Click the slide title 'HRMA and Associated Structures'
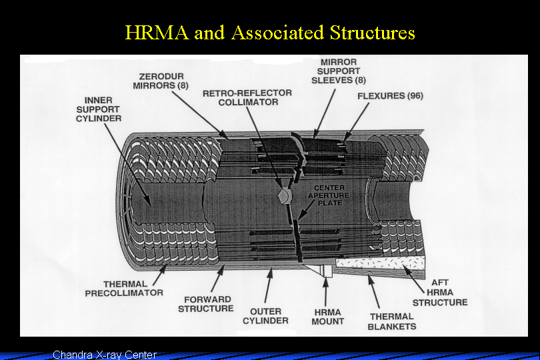(270, 32)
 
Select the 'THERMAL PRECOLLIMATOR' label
(124, 288)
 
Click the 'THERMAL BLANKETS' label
(392, 321)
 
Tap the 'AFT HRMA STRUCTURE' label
(440, 293)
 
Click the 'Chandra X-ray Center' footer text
(105, 354)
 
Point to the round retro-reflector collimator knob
(283, 195)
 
